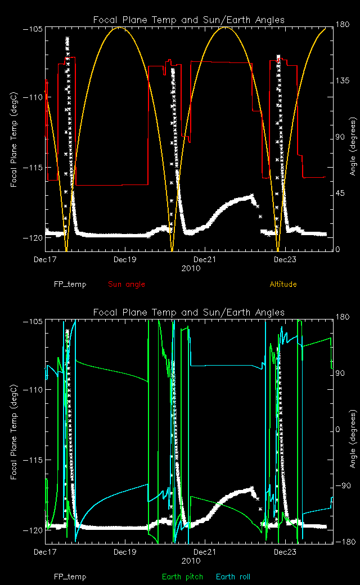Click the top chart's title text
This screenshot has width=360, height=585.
[x=188, y=20]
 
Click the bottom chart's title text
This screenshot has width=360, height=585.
[x=188, y=312]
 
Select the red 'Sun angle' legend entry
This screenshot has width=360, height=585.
[x=127, y=284]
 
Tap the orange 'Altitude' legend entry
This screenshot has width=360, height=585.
[x=283, y=284]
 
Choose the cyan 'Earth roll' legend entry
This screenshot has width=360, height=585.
[x=233, y=577]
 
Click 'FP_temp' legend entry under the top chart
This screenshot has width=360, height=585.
[x=70, y=284]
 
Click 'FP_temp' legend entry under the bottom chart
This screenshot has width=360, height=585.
[x=70, y=577]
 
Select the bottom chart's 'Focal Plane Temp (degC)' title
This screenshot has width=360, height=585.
[x=14, y=431]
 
